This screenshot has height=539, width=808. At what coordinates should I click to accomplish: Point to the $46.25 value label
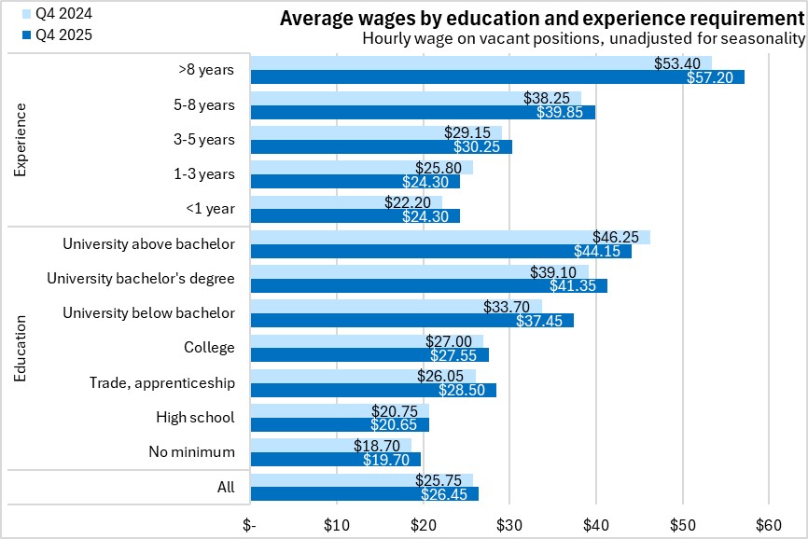click(x=616, y=238)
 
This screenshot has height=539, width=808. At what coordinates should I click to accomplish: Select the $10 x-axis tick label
click(x=337, y=525)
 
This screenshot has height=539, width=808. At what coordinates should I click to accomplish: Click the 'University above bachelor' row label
click(x=148, y=244)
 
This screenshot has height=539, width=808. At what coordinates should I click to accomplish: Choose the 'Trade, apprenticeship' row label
click(x=162, y=382)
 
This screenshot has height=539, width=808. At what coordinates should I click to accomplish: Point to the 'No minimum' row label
click(x=191, y=452)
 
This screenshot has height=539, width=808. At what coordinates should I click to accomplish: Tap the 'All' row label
click(x=225, y=487)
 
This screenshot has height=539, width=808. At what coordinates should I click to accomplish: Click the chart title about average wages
click(x=541, y=19)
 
